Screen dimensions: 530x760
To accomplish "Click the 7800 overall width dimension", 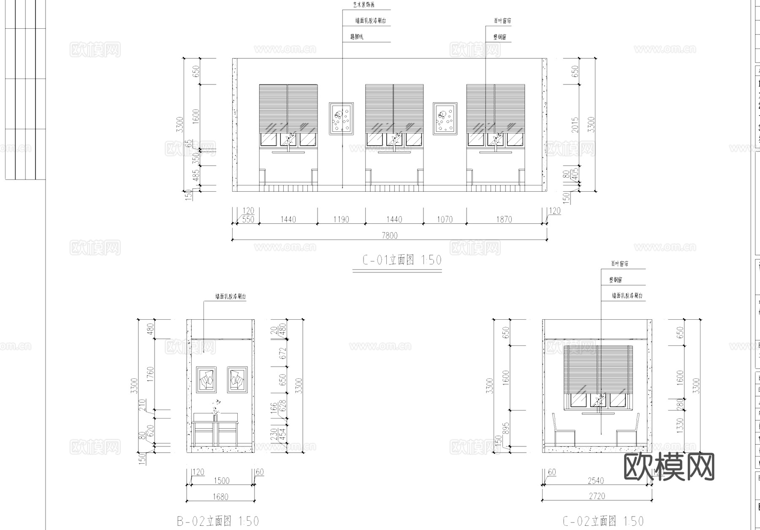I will (x=389, y=235).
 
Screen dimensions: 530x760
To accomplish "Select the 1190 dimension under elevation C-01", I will (x=341, y=219).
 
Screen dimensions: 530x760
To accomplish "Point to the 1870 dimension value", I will (x=504, y=219).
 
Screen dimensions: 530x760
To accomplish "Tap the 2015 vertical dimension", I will (x=575, y=125).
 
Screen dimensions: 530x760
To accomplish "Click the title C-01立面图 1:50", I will (x=402, y=260).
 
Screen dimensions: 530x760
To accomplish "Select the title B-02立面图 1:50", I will (x=217, y=522).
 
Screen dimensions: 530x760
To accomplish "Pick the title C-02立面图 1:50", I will (x=603, y=522).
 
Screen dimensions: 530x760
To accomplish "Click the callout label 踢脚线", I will (x=357, y=37).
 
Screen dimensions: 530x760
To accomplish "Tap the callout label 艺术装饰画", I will (x=364, y=5).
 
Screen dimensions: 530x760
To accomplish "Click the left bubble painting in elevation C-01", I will (x=341, y=119).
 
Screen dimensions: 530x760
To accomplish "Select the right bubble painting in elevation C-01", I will (x=445, y=119).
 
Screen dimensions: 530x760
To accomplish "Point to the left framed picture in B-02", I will (x=206, y=380).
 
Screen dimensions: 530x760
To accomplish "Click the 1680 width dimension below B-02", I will (x=220, y=497).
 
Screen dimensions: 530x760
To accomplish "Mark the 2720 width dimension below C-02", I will (x=596, y=496).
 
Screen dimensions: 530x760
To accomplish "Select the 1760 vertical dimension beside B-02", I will (x=151, y=374).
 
